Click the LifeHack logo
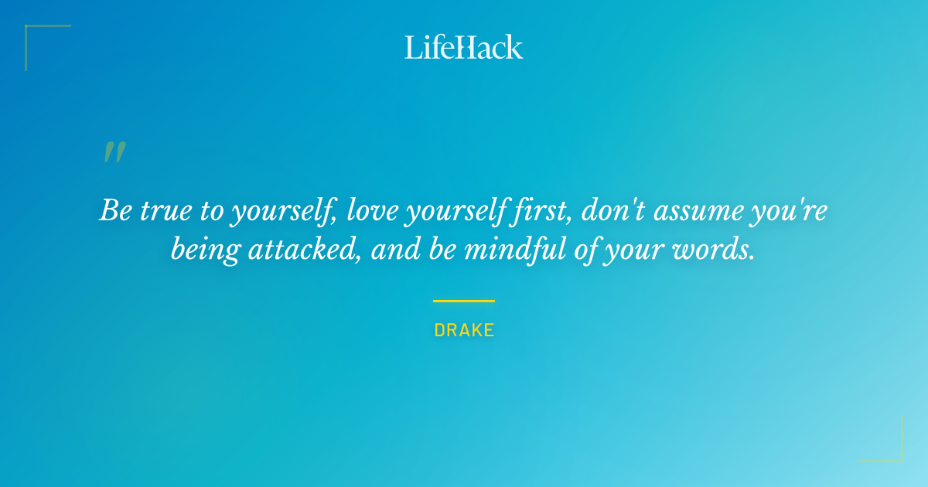tap(463, 47)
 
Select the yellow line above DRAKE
tap(463, 301)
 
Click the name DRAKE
tap(464, 330)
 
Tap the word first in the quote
tap(544, 211)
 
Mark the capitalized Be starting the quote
tap(115, 211)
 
